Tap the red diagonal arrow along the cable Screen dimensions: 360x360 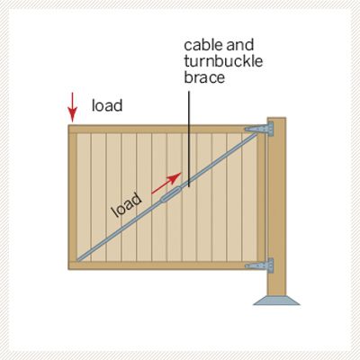tap(166, 183)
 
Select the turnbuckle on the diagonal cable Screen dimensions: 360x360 tap(171, 194)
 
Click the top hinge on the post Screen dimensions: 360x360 tap(259, 129)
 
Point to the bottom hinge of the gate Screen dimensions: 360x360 tap(259, 265)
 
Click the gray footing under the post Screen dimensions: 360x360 tap(276, 301)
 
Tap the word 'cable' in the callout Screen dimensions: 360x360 tap(202, 45)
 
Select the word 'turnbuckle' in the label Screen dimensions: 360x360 tap(223, 61)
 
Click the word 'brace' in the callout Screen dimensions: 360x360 tap(204, 77)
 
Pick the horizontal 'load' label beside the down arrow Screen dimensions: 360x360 tap(107, 105)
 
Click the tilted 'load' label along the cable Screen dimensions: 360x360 tap(127, 204)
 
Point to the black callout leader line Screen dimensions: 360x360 tap(189, 139)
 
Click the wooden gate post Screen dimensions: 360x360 tap(276, 207)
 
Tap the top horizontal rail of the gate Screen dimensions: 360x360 tap(162, 129)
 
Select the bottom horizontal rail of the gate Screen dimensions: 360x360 tap(162, 265)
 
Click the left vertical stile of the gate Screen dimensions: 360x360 tap(72, 197)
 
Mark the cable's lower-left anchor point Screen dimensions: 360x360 tap(78, 259)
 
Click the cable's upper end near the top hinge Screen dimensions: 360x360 tap(256, 134)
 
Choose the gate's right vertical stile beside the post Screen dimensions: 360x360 tap(261, 197)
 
